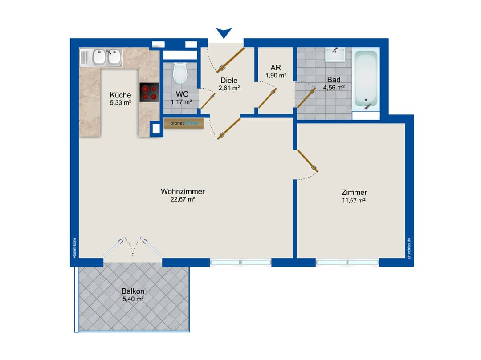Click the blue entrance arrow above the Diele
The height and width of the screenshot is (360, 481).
coord(224,32)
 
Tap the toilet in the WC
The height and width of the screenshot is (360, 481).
coord(180,73)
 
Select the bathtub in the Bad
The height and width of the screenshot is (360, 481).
coord(366,79)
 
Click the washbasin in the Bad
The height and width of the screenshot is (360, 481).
coord(335,55)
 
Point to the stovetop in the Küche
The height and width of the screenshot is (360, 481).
coord(149,92)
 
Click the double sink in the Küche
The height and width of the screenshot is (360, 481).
coord(101,57)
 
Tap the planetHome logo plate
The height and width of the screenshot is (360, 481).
coord(184,123)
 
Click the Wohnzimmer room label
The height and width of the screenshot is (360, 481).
coord(183,191)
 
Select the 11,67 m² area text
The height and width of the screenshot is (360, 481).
coord(354,201)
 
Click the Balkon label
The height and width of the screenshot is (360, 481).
coord(133,291)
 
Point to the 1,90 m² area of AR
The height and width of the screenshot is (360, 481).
coord(276,75)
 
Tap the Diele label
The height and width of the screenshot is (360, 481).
coord(229,81)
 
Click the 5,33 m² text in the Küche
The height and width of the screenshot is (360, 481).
coord(121,103)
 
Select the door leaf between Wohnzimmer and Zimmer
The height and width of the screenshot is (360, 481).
coord(307,161)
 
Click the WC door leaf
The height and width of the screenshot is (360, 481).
coord(208,101)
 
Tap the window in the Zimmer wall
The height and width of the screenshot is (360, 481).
coord(347,263)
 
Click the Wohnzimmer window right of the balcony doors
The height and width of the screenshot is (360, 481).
coord(240,263)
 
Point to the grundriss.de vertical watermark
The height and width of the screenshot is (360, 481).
coord(409,248)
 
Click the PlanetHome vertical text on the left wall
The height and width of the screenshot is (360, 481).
coord(74,248)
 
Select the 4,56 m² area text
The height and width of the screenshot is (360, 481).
coord(334,88)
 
